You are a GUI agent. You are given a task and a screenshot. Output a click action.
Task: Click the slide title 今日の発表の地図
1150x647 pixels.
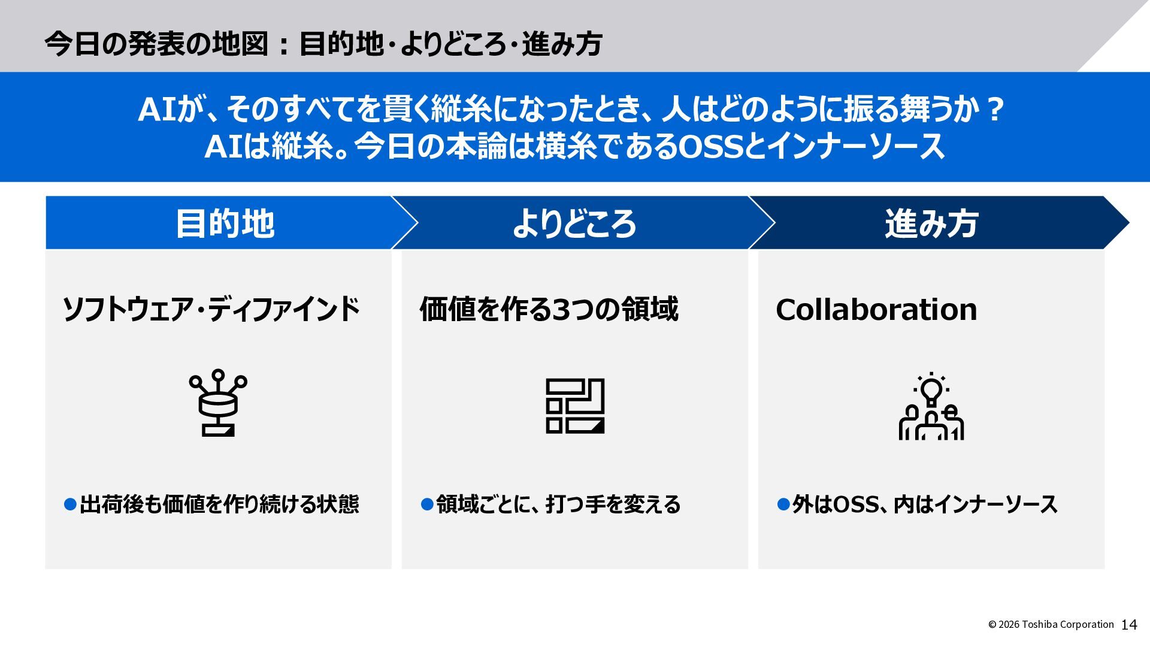[x=156, y=44]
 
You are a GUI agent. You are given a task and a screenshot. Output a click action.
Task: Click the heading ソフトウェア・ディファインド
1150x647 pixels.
[x=211, y=310]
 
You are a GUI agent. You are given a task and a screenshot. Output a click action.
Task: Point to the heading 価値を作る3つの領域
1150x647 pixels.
[x=549, y=310]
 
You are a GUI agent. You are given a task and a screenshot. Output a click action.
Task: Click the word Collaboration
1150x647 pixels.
[x=876, y=310]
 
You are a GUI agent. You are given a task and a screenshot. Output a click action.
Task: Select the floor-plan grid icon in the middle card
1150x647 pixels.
[x=575, y=406]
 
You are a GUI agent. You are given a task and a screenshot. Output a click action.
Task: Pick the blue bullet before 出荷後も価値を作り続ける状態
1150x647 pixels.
[x=70, y=504]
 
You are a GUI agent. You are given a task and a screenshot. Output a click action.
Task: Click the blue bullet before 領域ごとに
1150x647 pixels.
[x=427, y=504]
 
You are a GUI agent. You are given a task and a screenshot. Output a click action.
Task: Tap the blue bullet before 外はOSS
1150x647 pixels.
[x=783, y=504]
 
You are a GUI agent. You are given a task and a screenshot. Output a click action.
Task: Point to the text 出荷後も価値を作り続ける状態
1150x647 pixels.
[x=219, y=504]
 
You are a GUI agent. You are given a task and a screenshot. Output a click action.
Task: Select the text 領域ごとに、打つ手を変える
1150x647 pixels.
[x=558, y=504]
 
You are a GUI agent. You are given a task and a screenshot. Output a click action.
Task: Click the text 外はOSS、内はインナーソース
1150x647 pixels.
[x=925, y=504]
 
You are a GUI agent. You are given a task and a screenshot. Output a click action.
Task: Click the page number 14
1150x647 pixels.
[x=1128, y=625]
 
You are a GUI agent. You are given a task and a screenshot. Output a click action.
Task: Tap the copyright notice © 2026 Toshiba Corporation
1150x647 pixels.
[x=1051, y=625]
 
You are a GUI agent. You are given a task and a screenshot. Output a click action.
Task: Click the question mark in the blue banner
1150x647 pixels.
[x=994, y=110]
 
